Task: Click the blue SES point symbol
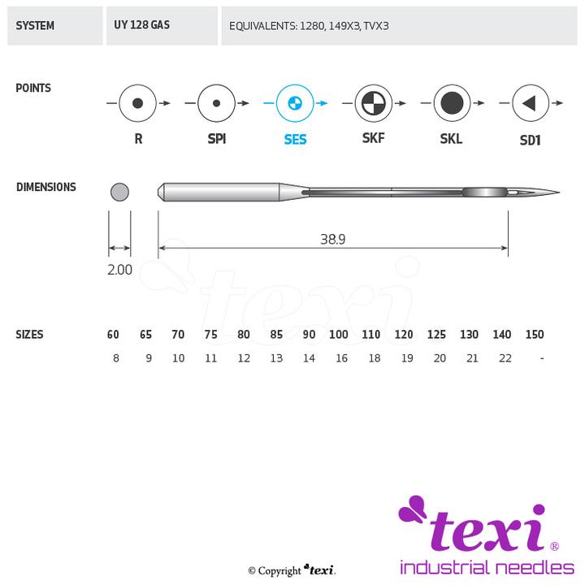[x=295, y=103]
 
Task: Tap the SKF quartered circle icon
[x=373, y=103]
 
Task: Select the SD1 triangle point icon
[x=530, y=103]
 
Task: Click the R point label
[x=138, y=139]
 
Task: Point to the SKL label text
[x=451, y=139]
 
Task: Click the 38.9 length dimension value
[x=333, y=239]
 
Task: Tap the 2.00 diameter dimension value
[x=119, y=270]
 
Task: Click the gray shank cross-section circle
[x=119, y=192]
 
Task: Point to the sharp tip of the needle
[x=559, y=193]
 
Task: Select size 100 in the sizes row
[x=338, y=334]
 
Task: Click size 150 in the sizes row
[x=535, y=334]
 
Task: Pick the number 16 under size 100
[x=342, y=358]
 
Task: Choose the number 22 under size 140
[x=505, y=358]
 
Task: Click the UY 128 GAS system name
[x=141, y=25]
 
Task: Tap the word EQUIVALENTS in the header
[x=263, y=26]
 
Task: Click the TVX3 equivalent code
[x=376, y=26]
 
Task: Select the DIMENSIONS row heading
[x=46, y=187]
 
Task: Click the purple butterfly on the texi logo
[x=413, y=508]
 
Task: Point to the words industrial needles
[x=487, y=567]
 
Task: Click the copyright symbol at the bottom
[x=252, y=571]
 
